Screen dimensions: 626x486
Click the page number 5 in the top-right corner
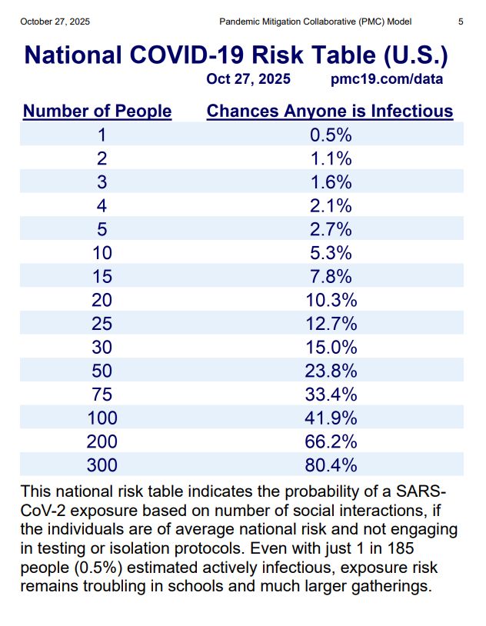(460, 22)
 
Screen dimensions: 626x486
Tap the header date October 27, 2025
(55, 22)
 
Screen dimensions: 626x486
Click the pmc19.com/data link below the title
(386, 79)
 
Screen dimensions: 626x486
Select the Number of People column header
(97, 112)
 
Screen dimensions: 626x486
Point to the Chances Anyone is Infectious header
(330, 112)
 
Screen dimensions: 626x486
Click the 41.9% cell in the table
(330, 418)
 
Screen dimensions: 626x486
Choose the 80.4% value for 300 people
(330, 465)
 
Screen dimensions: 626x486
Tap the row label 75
(102, 395)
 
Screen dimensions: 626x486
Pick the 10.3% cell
(330, 300)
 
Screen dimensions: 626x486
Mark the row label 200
(102, 441)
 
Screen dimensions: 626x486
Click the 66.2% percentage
(330, 441)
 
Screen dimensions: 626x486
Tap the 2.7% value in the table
(330, 229)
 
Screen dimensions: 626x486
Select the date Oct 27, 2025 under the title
(248, 79)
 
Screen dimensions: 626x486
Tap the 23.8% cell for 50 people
(330, 371)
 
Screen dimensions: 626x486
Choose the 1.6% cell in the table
(330, 182)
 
